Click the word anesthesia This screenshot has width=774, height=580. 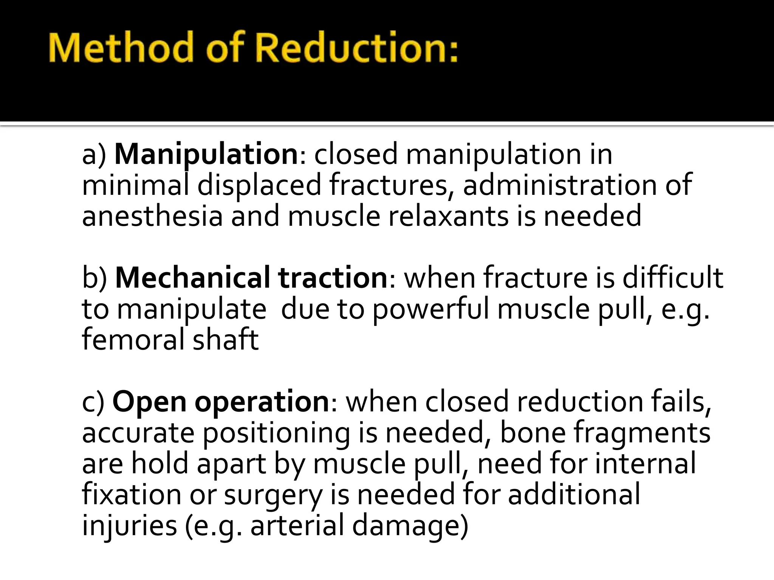152,216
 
